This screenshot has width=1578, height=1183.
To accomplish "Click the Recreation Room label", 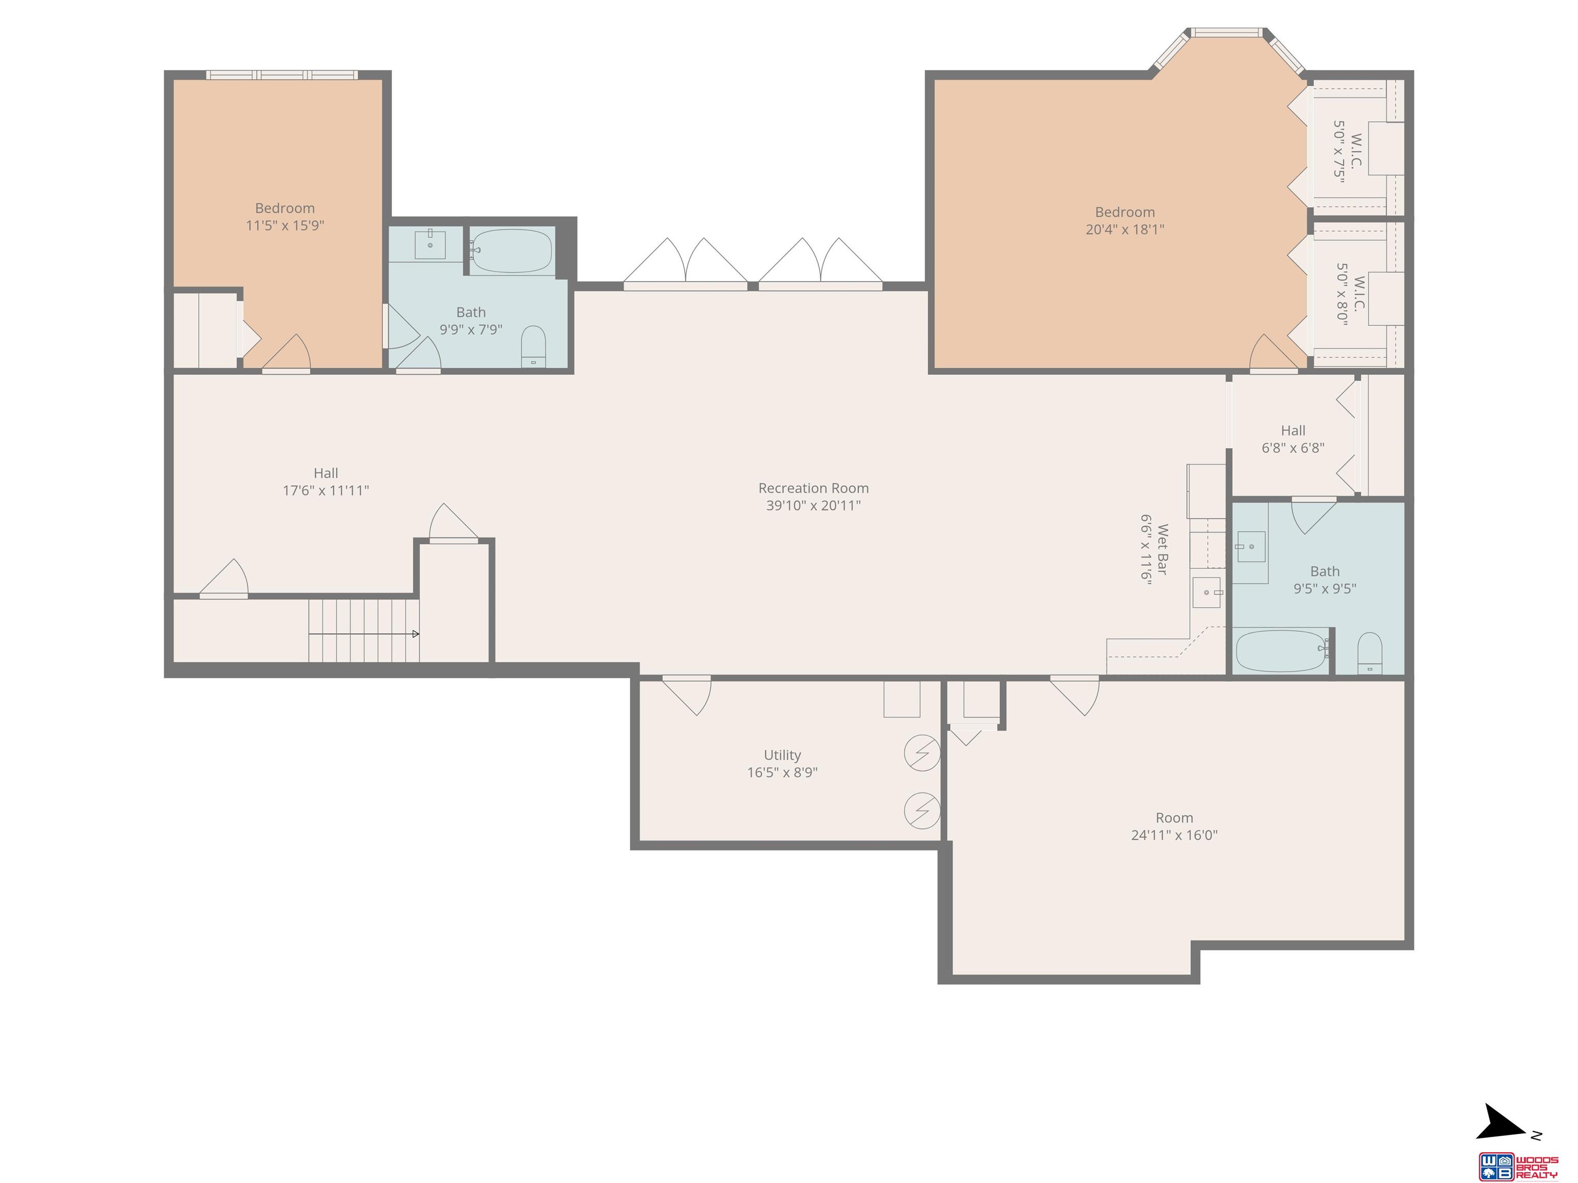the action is pyautogui.click(x=813, y=488).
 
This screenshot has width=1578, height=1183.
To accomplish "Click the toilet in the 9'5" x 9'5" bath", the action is pyautogui.click(x=1369, y=653).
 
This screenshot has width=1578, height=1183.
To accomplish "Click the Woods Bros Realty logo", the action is pyautogui.click(x=1518, y=1167).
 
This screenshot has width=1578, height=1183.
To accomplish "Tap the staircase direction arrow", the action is pyautogui.click(x=364, y=633).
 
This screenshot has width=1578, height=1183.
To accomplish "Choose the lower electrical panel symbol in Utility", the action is pyautogui.click(x=922, y=811).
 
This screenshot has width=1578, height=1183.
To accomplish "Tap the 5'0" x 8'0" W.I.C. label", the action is pyautogui.click(x=1350, y=294).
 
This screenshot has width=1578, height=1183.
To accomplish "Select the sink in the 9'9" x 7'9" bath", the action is pyautogui.click(x=430, y=244).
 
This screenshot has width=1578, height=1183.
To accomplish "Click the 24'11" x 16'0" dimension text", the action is pyautogui.click(x=1174, y=835).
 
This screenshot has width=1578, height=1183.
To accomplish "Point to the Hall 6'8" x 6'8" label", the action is pyautogui.click(x=1292, y=439).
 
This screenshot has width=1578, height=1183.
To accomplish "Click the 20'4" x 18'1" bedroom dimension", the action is pyautogui.click(x=1125, y=229).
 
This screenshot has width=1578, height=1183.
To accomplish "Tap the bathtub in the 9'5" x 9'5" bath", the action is pyautogui.click(x=1281, y=651).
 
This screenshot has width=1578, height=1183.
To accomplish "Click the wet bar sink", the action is pyautogui.click(x=1206, y=592).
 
